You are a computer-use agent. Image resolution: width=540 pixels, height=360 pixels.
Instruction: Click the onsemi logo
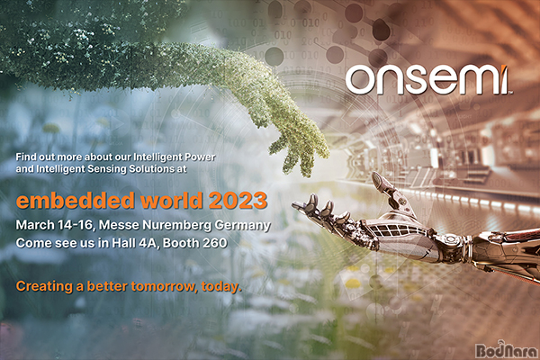(x=428, y=80)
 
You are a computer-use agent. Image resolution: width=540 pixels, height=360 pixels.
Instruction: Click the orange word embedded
(x=76, y=200)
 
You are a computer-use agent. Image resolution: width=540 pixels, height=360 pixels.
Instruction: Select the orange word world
(x=172, y=200)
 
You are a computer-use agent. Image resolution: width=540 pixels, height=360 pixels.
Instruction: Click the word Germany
(x=242, y=226)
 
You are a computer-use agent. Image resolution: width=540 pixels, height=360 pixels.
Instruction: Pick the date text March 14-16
(x=54, y=225)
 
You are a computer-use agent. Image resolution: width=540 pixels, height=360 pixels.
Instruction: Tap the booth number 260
(x=214, y=243)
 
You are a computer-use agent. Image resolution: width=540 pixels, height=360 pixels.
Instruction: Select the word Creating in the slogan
(x=44, y=286)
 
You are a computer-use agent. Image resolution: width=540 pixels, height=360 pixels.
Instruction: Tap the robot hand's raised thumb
(x=385, y=186)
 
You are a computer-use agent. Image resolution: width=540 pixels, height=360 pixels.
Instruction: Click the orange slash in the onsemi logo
(x=504, y=79)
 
